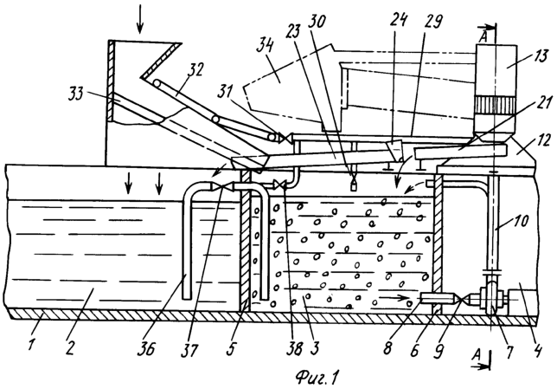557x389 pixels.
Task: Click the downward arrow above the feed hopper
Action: (143, 19)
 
